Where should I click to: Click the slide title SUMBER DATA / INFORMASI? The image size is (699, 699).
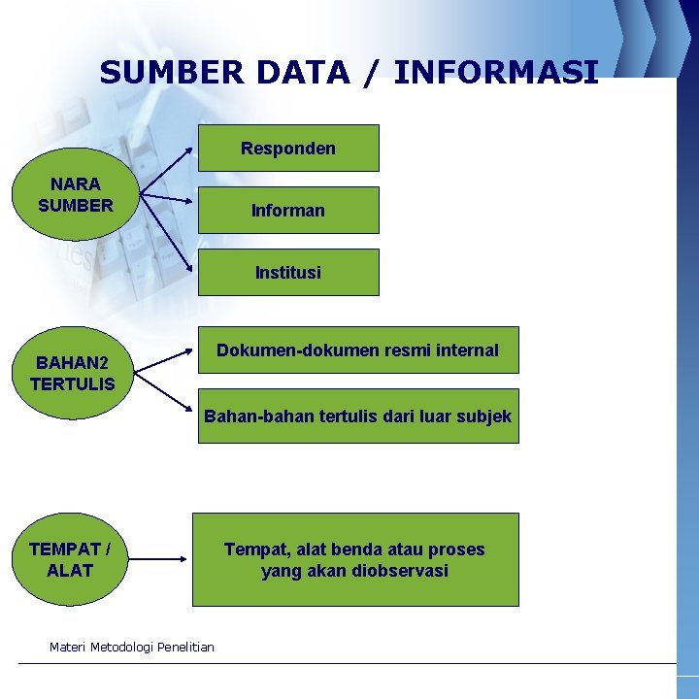click(349, 73)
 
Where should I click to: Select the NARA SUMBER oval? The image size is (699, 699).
click(76, 194)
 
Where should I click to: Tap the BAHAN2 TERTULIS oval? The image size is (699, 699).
click(73, 374)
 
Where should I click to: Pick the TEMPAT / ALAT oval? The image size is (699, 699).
click(70, 560)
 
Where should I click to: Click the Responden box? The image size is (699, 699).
click(288, 149)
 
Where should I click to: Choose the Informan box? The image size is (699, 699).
click(288, 210)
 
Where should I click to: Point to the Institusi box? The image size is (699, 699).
click(288, 272)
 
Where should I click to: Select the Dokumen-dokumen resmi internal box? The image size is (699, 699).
click(357, 350)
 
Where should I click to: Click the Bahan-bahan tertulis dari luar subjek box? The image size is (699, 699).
click(357, 416)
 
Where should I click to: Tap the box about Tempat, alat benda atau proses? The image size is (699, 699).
click(354, 560)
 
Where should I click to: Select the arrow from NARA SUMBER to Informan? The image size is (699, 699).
click(167, 200)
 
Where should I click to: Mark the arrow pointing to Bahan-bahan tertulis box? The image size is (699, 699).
click(163, 388)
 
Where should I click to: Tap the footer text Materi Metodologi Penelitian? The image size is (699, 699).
click(131, 647)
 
